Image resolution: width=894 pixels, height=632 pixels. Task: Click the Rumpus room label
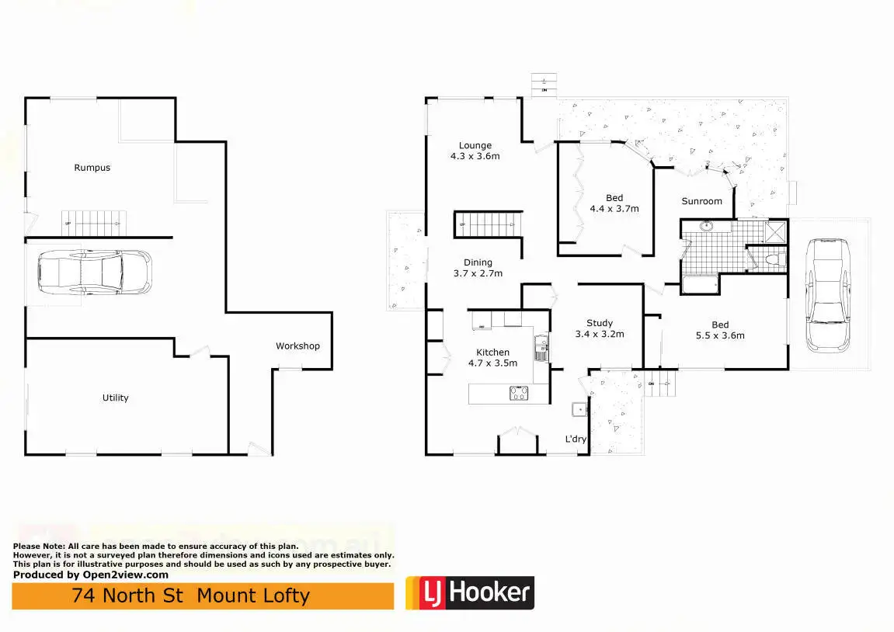coord(92,168)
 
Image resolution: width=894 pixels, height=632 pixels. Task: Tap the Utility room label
coord(116,398)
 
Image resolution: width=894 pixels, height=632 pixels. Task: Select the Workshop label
coord(297,346)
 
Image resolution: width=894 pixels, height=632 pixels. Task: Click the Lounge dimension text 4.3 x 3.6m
coord(475,156)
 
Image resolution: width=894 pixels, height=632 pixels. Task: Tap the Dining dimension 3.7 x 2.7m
coord(478,273)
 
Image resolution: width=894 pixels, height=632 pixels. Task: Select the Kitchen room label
coord(492,352)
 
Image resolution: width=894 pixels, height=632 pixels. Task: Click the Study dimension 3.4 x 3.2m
coord(599,335)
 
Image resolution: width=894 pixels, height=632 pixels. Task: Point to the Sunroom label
coord(701,201)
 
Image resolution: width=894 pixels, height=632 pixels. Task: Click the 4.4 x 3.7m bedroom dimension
coord(614,209)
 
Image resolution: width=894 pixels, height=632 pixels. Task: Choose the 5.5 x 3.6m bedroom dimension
coord(720,335)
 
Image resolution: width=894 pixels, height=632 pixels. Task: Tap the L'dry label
coord(576,439)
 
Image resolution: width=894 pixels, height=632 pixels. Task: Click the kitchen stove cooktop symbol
coord(518,394)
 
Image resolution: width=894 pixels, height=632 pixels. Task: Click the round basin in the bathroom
coord(706,227)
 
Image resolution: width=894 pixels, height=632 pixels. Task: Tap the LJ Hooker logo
coord(469,594)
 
